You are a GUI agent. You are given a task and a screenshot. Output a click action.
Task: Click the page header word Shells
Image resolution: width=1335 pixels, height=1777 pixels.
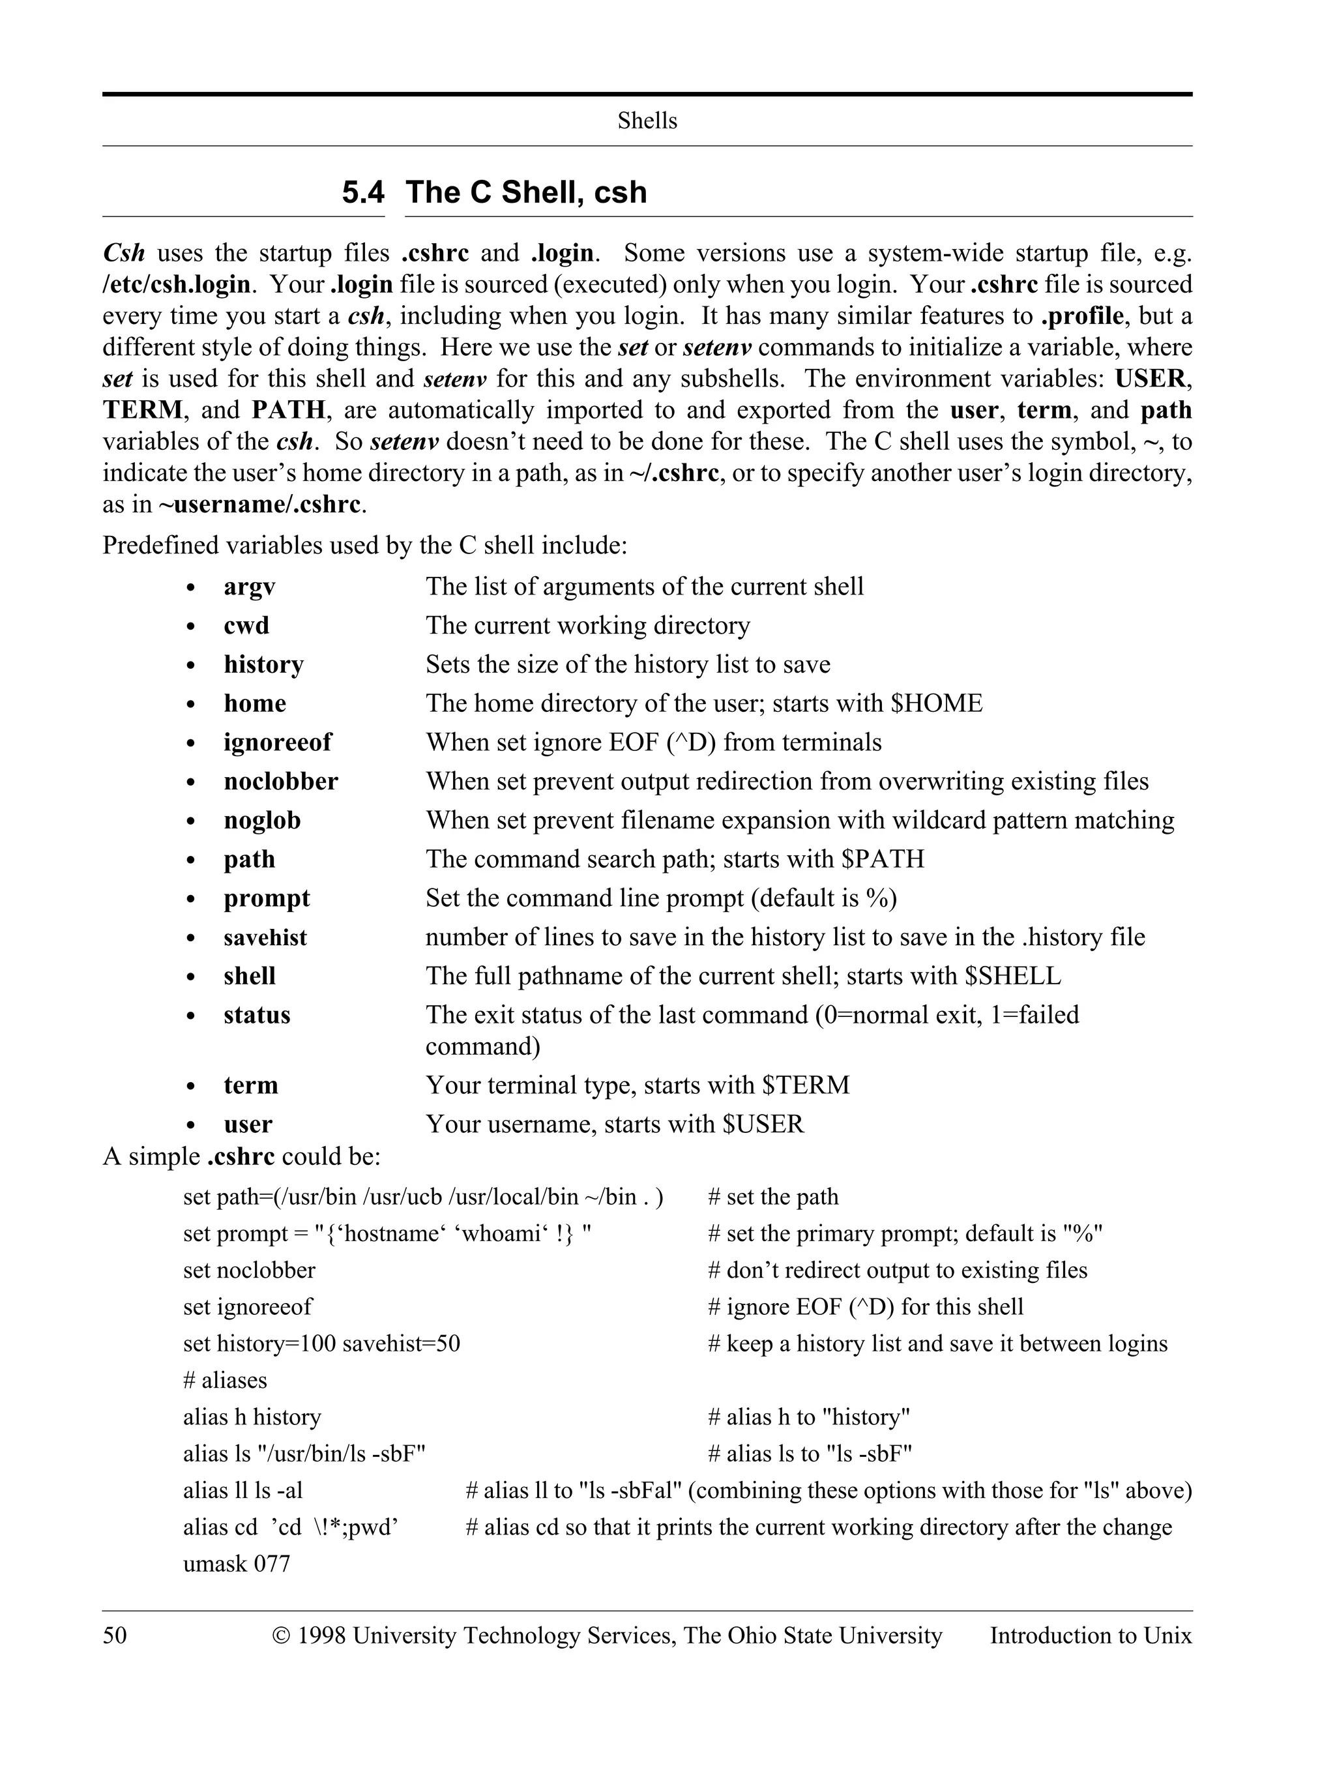click(647, 121)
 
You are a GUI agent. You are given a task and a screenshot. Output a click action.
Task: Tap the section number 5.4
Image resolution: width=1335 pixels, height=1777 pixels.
click(363, 193)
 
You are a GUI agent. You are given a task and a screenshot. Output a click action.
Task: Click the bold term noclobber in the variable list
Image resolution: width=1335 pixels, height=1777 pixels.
click(280, 782)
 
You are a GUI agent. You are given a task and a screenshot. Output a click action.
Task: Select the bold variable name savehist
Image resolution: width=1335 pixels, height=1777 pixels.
click(265, 937)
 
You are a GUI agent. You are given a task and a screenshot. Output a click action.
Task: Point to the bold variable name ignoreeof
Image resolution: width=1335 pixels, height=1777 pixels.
click(277, 742)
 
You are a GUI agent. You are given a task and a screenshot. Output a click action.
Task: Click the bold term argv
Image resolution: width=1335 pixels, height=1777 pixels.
click(249, 587)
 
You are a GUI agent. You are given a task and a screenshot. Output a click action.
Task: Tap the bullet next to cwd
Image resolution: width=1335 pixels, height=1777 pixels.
click(190, 626)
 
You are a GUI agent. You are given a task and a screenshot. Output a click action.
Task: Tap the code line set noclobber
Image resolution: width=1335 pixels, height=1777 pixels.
click(249, 1270)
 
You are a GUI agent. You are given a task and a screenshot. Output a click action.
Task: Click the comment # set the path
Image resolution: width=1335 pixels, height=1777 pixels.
click(772, 1197)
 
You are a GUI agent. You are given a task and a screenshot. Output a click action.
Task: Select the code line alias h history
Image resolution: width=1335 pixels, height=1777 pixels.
click(252, 1417)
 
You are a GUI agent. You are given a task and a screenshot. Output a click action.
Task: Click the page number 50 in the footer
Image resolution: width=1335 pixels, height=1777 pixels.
click(115, 1636)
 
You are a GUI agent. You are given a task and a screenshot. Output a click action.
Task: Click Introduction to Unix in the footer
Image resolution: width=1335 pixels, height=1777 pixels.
click(1090, 1636)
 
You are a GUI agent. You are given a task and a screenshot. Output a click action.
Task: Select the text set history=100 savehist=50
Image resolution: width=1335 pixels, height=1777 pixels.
click(321, 1344)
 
